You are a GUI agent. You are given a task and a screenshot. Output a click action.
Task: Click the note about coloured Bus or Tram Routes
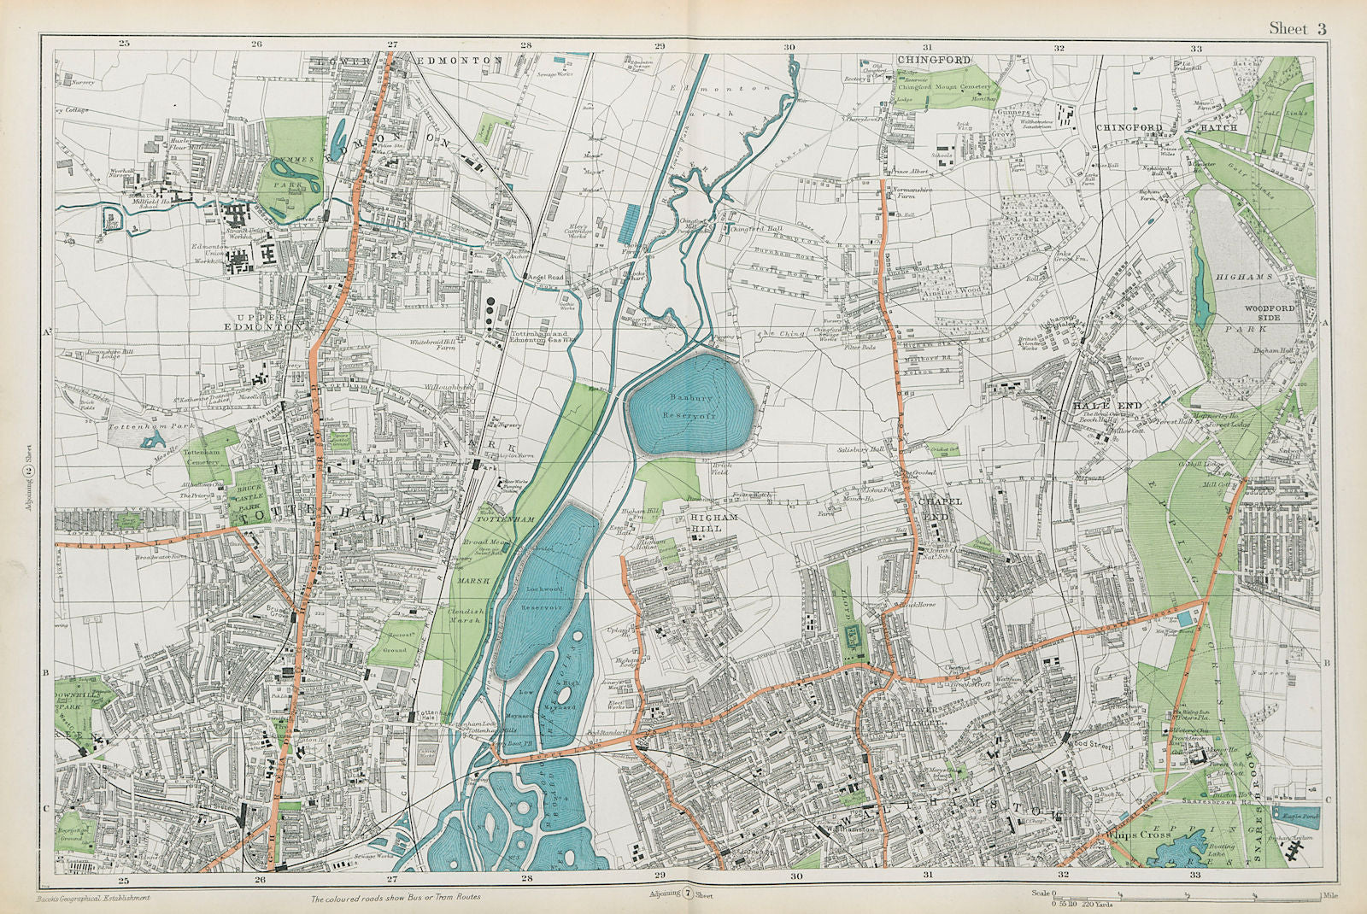point(395,897)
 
